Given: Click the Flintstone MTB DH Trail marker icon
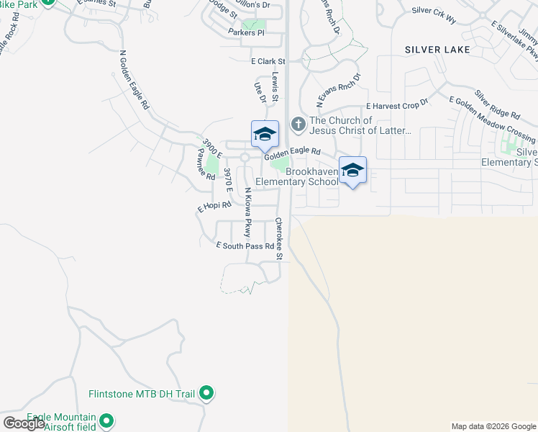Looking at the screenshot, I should tap(206, 394).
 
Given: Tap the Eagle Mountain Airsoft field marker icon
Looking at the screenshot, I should tap(106, 421).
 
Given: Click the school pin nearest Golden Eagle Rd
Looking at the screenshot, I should tap(265, 133).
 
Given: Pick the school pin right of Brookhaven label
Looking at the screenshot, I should tap(352, 170).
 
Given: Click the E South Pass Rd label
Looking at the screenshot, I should tap(245, 246).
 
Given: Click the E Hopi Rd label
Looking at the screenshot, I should tap(215, 205).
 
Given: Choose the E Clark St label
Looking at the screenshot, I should tap(268, 62).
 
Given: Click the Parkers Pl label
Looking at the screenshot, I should tap(247, 32).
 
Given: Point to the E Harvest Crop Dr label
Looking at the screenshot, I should tap(397, 104).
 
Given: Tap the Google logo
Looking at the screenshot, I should tap(24, 423).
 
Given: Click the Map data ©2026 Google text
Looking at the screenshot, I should tap(493, 426).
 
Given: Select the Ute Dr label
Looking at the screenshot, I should tap(260, 92).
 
